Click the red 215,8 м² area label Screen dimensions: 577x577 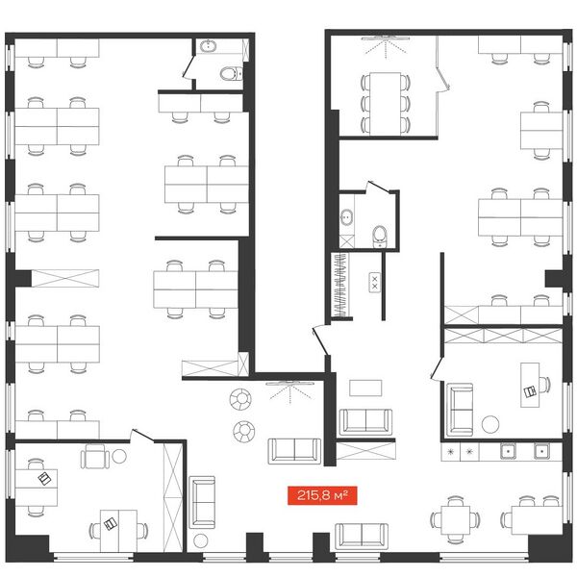click(322, 495)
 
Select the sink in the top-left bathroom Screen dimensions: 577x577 click(209, 46)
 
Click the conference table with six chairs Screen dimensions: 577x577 click(386, 103)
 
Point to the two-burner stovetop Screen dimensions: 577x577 click(375, 283)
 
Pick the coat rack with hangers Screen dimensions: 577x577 click(340, 285)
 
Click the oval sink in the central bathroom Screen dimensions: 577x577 click(346, 217)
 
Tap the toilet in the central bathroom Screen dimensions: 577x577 click(380, 237)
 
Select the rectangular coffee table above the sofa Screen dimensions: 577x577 click(365, 388)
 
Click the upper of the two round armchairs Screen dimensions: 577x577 click(240, 399)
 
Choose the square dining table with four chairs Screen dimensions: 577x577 click(456, 520)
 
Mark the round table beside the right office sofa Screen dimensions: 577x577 click(490, 424)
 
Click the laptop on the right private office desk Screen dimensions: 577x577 click(530, 391)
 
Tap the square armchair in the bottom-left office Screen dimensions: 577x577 click(95, 456)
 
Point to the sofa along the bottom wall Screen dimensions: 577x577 click(362, 536)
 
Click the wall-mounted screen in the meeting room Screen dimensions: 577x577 click(386, 38)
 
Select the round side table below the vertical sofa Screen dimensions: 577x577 click(201, 540)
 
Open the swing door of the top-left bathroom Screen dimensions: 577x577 click(188, 67)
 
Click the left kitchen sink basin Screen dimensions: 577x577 click(508, 451)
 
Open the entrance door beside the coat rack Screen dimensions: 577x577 click(320, 341)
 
